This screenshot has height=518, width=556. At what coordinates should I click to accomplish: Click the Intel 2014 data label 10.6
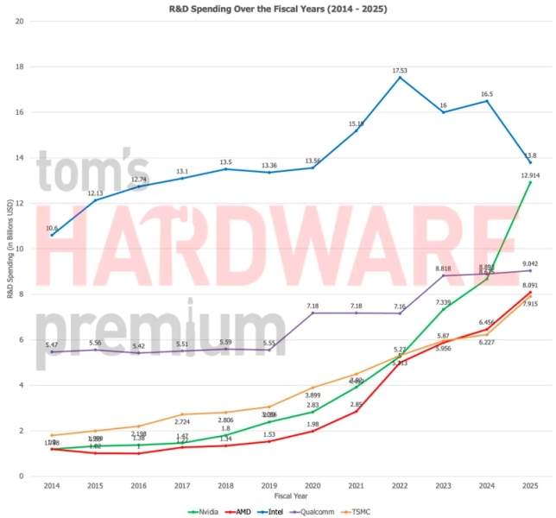[x=53, y=226]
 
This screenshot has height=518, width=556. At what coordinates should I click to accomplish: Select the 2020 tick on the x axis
[x=313, y=486]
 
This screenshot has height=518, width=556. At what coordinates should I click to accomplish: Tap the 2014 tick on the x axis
[x=53, y=486]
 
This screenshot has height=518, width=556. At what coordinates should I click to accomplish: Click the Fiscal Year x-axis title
[x=291, y=496]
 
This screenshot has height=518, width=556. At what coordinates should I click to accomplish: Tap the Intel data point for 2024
[x=487, y=101]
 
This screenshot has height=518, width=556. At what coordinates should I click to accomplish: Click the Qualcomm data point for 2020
[x=313, y=313]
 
